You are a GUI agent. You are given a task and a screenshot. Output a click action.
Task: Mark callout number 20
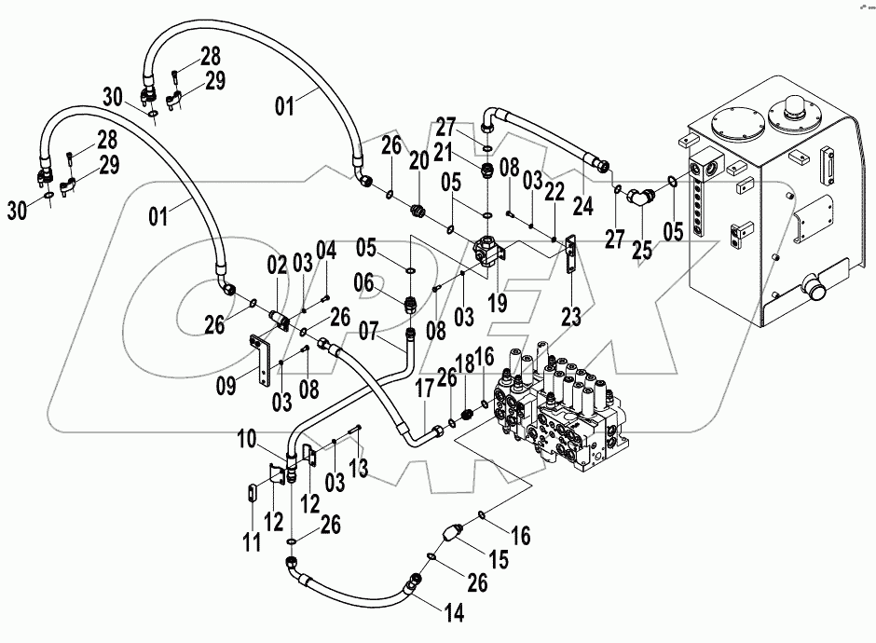pos(418,159)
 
